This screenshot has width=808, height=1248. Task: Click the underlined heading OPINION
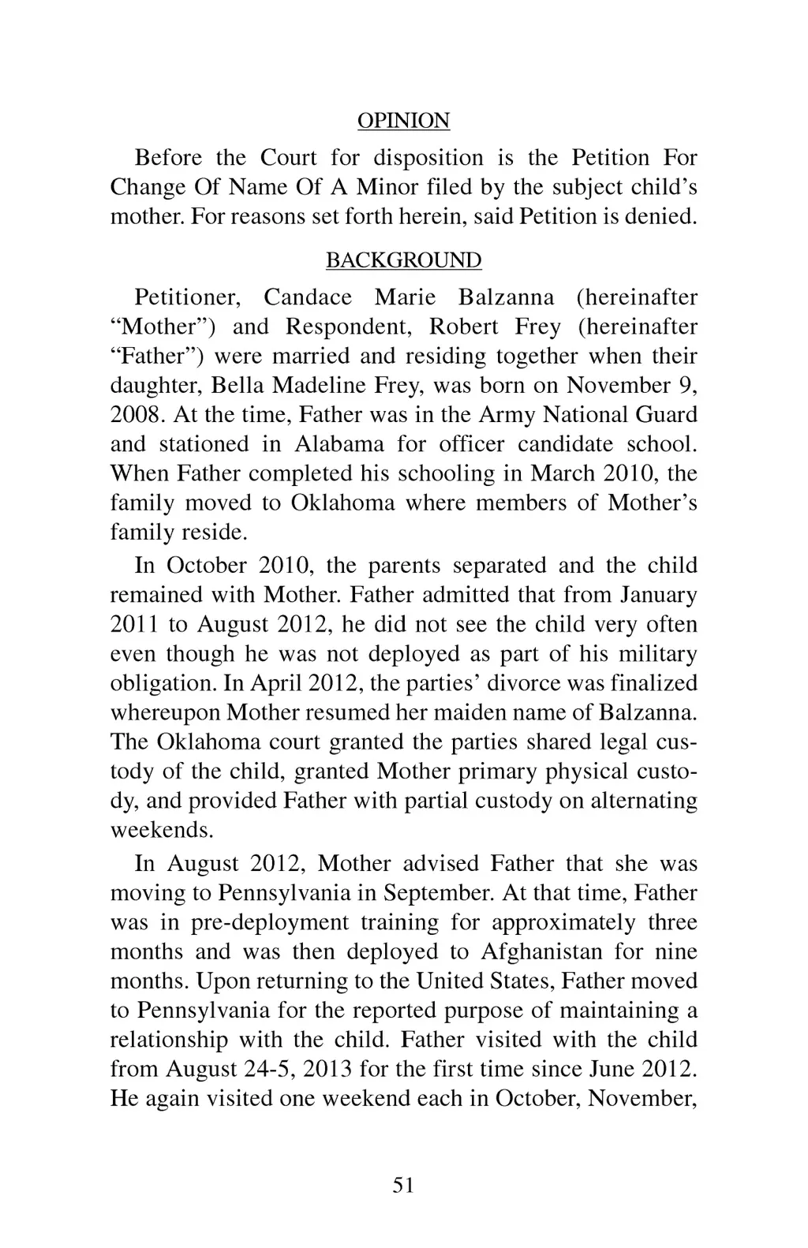click(x=403, y=121)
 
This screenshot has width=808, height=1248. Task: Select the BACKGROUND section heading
click(x=403, y=260)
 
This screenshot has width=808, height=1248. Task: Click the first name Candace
click(x=307, y=297)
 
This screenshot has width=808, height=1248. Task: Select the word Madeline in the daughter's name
click(x=320, y=385)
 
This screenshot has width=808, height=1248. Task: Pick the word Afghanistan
click(x=544, y=951)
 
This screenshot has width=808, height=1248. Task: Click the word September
click(x=439, y=893)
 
